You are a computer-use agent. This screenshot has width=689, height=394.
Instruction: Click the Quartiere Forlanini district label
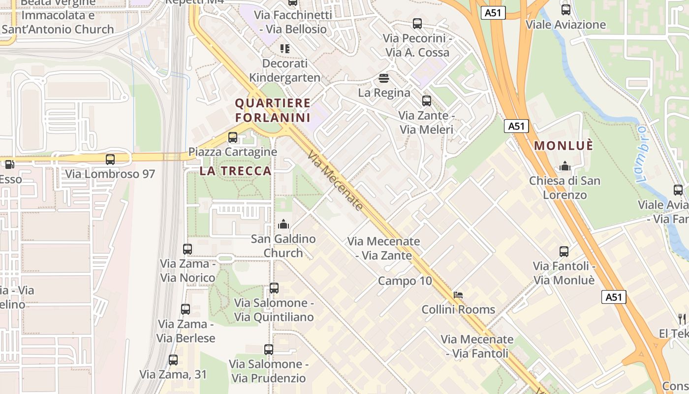(x=273, y=110)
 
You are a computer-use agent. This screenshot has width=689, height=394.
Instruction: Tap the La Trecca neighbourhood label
(x=235, y=171)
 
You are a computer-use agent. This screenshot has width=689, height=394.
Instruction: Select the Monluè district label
(x=564, y=146)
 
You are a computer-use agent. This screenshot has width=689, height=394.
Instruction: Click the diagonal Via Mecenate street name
(x=335, y=181)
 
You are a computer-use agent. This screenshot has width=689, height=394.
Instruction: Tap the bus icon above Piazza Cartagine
(x=233, y=137)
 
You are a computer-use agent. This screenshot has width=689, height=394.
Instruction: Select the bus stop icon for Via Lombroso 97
(x=110, y=159)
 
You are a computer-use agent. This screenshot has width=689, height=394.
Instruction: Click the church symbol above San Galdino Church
(x=283, y=225)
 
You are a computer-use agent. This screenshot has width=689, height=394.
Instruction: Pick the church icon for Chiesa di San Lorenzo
(x=565, y=166)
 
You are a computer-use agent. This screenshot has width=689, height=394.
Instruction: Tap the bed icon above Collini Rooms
(x=458, y=295)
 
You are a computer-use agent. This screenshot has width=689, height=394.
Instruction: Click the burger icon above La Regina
(x=384, y=78)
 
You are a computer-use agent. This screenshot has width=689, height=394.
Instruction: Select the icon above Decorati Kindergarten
(x=285, y=49)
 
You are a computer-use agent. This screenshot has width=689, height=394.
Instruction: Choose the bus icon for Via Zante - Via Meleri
(x=426, y=101)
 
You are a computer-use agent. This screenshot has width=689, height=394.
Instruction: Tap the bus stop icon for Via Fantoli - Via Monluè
(x=564, y=252)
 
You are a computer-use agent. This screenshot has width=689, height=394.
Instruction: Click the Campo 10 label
(x=405, y=281)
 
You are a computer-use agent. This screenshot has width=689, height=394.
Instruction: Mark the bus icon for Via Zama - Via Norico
(x=188, y=249)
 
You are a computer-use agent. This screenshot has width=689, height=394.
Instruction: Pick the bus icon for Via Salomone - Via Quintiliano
(x=274, y=288)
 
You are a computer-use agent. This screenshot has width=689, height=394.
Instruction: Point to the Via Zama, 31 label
(x=173, y=374)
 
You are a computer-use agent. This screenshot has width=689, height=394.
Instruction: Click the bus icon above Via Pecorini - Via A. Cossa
(x=417, y=24)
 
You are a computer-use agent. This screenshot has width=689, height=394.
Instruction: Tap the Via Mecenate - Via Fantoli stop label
(x=477, y=346)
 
